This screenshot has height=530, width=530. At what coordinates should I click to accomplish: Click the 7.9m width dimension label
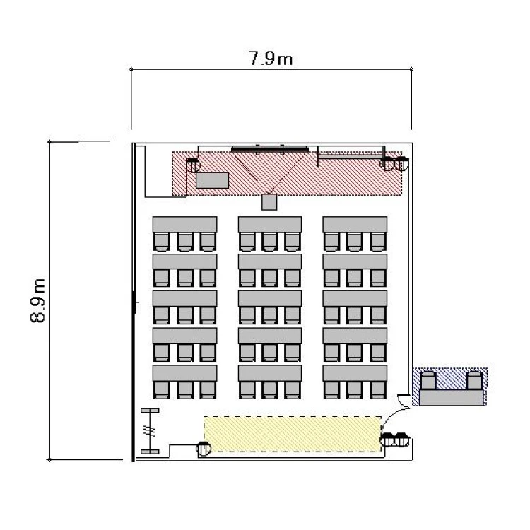point(271,59)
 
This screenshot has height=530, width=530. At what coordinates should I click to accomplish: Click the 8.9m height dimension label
point(38,300)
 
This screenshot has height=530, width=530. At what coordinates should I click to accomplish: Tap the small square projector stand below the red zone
point(269,202)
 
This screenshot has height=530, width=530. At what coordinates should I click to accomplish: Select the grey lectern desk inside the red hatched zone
point(212,180)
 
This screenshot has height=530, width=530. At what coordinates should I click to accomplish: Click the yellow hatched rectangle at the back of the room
point(293,434)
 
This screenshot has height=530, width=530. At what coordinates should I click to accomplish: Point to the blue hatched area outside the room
point(450,387)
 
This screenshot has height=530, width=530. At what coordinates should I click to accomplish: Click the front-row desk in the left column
point(184,225)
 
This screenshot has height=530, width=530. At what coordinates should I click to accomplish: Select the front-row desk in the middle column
point(270,225)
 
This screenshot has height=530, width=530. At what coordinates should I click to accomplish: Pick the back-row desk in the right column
point(355,373)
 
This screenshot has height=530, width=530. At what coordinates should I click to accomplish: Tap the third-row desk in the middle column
point(270,298)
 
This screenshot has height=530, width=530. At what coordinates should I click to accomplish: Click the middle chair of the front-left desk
point(185,242)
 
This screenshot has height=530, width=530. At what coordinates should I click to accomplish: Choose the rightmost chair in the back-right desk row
point(377,390)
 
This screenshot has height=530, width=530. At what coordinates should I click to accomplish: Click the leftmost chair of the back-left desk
point(162,390)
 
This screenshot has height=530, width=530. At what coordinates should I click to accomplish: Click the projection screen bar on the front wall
point(270,149)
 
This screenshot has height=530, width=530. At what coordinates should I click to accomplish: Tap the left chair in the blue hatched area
point(428,381)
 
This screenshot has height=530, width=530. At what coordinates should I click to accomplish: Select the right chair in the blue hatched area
point(474,381)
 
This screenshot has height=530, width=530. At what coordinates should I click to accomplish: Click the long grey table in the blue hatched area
point(451,397)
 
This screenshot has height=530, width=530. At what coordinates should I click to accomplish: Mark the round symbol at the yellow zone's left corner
point(204,449)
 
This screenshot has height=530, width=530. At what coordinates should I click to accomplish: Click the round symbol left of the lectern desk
point(193,165)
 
